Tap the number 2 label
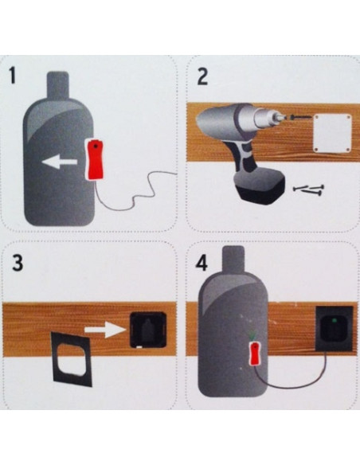point(202,76)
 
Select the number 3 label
point(14,263)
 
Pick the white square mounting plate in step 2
point(333,133)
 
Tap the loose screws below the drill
point(309,190)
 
